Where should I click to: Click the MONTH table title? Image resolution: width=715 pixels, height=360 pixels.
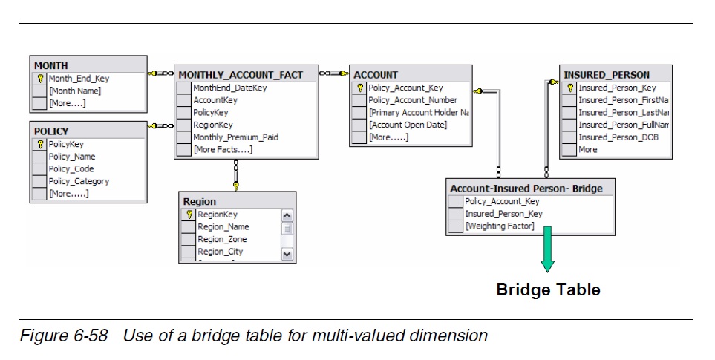point(51,65)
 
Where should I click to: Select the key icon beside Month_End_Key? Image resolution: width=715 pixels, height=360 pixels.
point(40,78)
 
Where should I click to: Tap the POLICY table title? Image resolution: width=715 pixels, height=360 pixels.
point(51,131)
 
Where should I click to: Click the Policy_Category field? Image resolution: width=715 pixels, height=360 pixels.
point(79,181)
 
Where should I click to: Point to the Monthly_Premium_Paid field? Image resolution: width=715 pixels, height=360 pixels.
point(235,137)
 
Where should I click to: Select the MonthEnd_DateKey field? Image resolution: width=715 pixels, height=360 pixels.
point(229,88)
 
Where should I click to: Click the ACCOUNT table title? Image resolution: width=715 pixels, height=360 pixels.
point(376,75)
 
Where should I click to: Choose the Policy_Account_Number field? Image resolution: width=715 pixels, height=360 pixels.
point(413,100)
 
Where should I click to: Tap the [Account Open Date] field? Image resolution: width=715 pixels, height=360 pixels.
point(408,125)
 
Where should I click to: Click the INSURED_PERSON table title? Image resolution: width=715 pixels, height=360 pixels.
point(606,75)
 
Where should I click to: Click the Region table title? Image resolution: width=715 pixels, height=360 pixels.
point(200,201)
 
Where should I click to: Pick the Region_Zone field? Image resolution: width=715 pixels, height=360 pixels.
point(222,239)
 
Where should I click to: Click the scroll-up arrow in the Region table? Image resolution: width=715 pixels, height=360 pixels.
point(288,215)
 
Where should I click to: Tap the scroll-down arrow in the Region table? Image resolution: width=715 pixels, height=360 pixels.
point(288,254)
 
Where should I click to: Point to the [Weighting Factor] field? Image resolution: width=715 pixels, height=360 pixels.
point(499,226)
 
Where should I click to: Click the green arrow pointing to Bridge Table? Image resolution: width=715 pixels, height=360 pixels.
point(547,255)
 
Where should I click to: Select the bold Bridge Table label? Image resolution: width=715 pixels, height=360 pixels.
point(548,290)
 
